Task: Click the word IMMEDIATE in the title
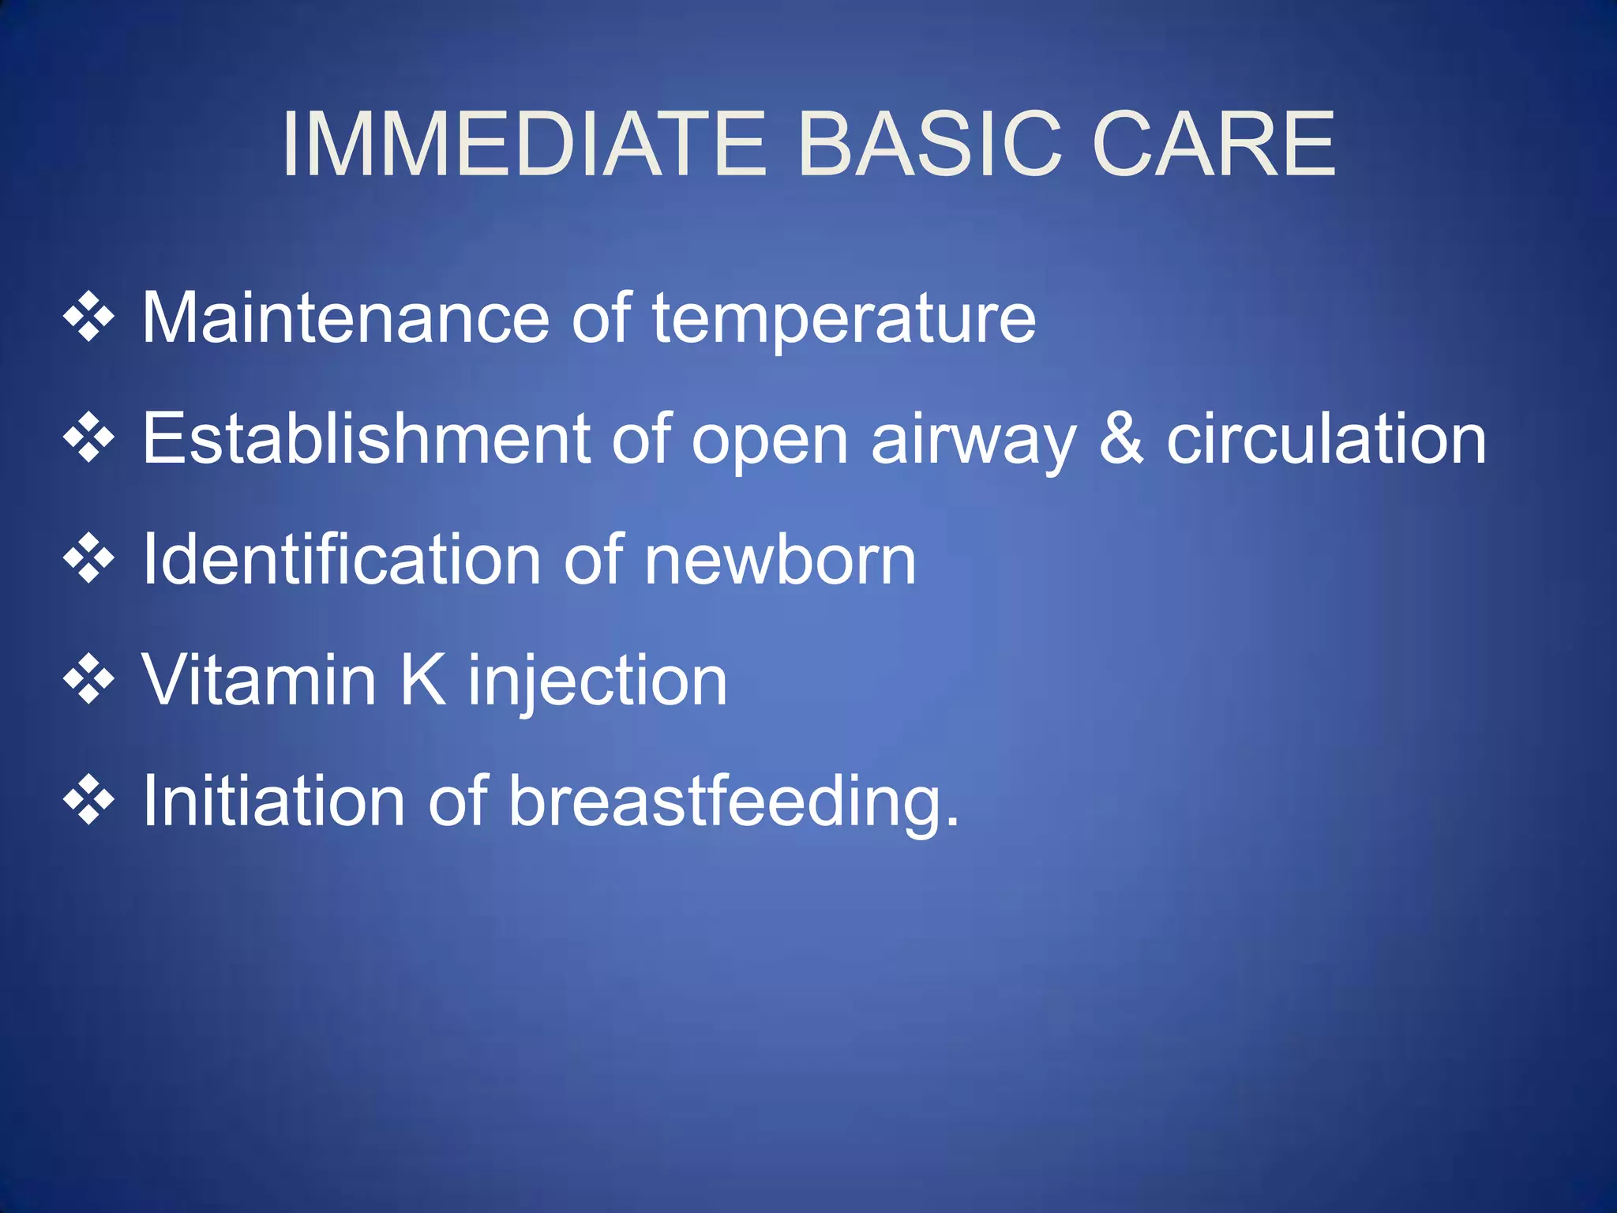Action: [523, 145]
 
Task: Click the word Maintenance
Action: [345, 318]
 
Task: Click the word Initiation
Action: [273, 801]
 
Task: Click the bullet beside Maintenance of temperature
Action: [89, 317]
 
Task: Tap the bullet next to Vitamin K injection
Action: [89, 679]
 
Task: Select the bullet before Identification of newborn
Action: [89, 558]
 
